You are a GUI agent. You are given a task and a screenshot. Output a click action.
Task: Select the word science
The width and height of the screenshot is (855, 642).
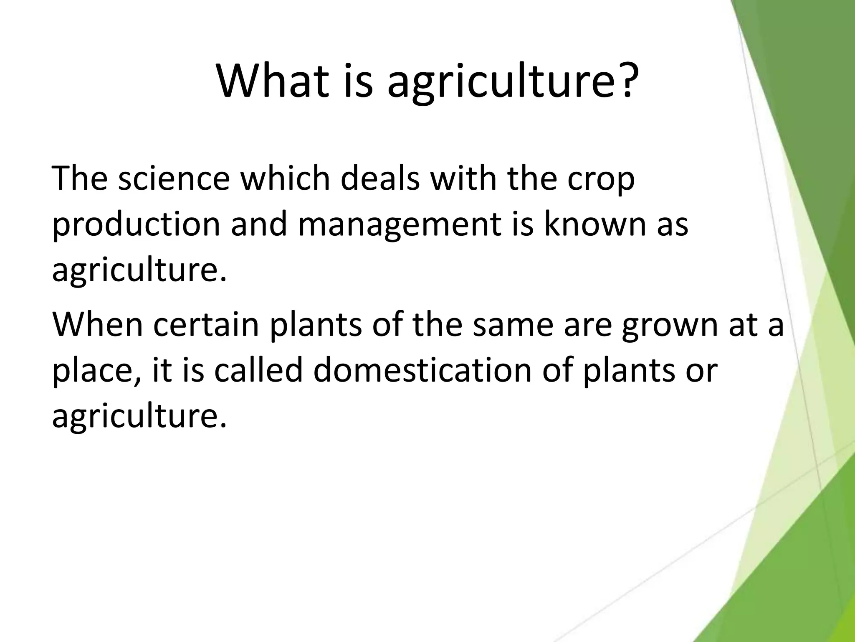174,179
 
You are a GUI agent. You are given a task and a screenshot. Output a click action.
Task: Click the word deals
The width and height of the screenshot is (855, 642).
380,179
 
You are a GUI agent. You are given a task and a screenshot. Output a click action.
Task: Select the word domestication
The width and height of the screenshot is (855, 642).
422,369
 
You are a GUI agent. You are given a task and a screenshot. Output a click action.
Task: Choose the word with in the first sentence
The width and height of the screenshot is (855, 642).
463,179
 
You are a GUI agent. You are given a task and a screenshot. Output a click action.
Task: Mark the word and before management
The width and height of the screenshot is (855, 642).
259,224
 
